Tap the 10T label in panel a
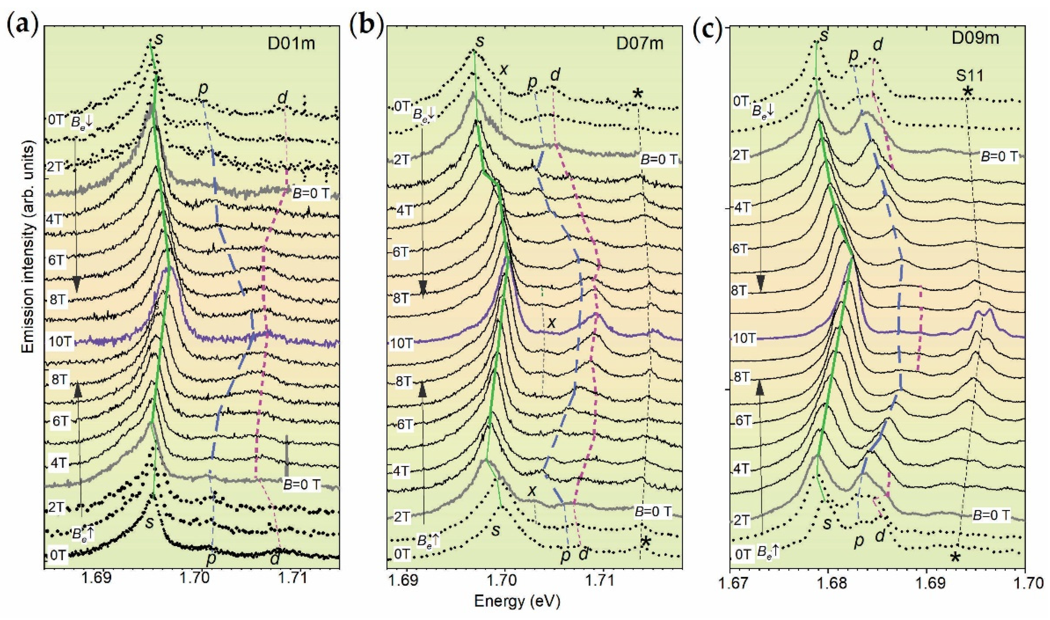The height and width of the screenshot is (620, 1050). pos(60,341)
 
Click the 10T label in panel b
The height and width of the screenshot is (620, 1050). pos(401,344)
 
